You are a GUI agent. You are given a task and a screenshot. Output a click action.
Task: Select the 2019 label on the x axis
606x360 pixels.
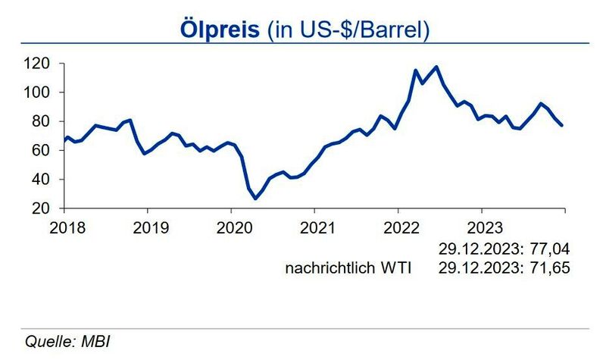click(147, 227)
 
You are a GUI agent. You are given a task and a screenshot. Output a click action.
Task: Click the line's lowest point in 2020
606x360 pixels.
click(255, 199)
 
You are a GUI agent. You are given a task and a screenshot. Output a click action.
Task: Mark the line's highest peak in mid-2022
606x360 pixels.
click(436, 67)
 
